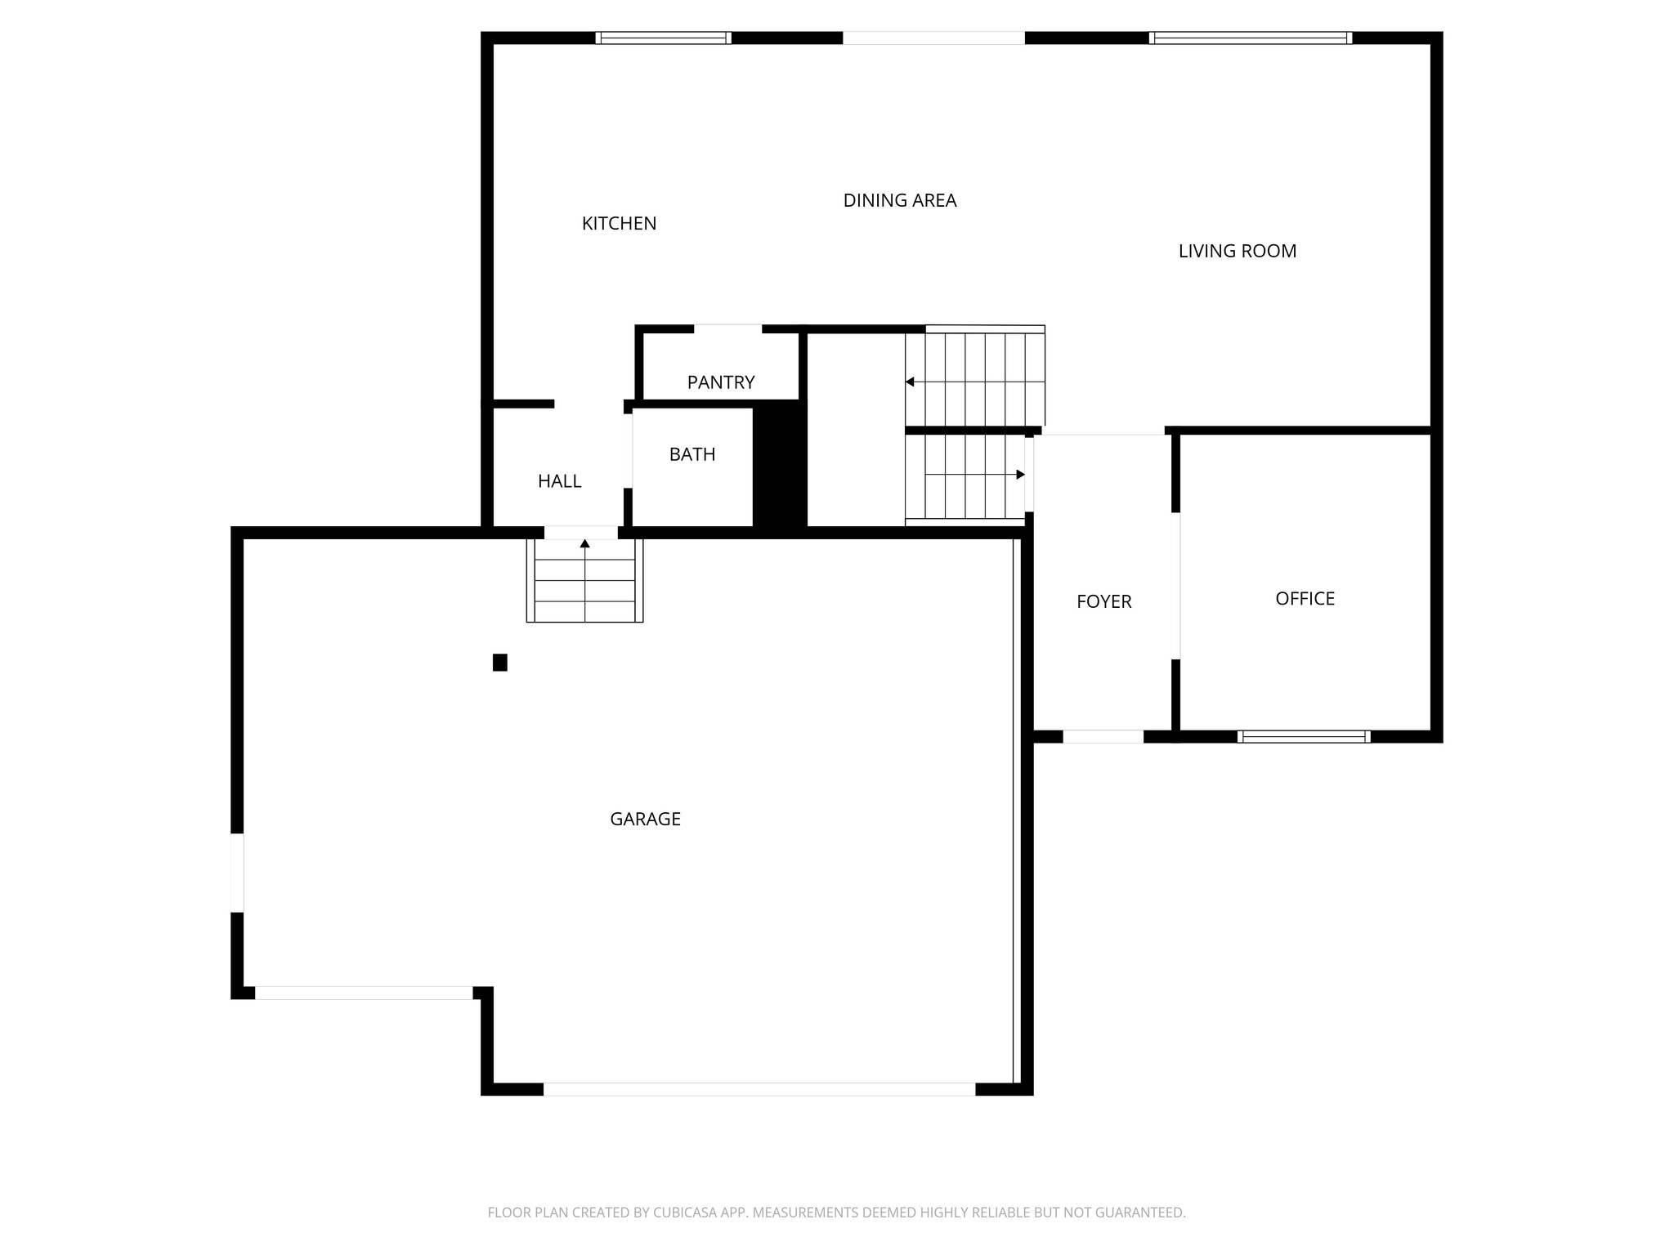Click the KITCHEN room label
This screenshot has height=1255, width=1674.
click(619, 224)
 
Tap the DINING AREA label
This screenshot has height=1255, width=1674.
click(899, 201)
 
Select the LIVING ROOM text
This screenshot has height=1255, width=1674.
click(1237, 252)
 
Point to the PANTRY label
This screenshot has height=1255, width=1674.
click(720, 382)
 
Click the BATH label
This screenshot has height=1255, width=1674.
click(692, 455)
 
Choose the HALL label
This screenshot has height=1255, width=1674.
click(559, 482)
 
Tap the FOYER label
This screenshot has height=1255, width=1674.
click(1103, 602)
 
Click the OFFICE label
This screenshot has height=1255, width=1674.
click(1305, 599)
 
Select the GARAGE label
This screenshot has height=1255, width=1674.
click(645, 820)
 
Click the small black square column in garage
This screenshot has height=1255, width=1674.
click(500, 663)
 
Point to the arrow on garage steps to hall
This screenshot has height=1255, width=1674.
click(584, 543)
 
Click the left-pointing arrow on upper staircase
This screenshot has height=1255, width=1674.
click(910, 382)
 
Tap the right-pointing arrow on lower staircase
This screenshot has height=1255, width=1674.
click(1020, 475)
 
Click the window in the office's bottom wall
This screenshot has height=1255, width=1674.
click(1304, 736)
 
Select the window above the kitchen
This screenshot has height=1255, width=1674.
click(663, 38)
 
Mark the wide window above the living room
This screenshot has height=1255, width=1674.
click(1250, 38)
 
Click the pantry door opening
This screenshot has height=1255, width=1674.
click(727, 329)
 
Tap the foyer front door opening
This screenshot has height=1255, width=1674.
click(1103, 736)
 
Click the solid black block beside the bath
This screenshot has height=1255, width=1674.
click(780, 466)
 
